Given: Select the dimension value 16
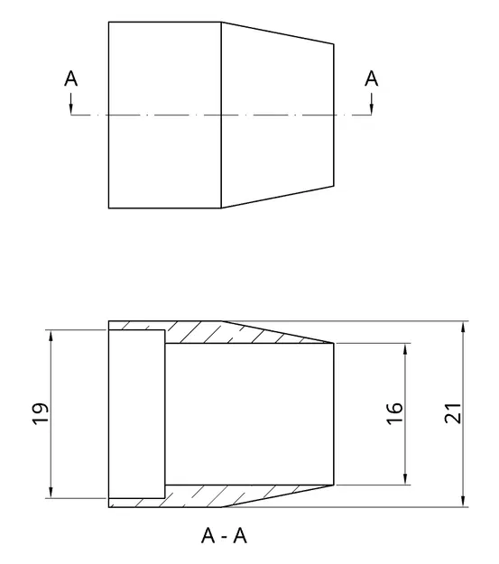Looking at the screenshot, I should (394, 413).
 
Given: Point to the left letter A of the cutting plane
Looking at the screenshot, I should (71, 79).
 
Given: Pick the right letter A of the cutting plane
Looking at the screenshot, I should (371, 79).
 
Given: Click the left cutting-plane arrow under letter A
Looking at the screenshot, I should (71, 107).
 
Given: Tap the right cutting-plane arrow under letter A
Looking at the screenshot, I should (371, 107).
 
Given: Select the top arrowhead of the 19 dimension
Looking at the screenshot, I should (51, 337).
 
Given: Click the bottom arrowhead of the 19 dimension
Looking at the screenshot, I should (51, 491).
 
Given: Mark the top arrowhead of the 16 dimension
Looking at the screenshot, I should (405, 348).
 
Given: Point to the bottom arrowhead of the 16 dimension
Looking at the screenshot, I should (405, 478).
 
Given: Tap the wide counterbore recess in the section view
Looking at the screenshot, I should (136, 413).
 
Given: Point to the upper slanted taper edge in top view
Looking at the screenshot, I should (278, 32).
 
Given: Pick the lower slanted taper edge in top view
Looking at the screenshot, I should (278, 199).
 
